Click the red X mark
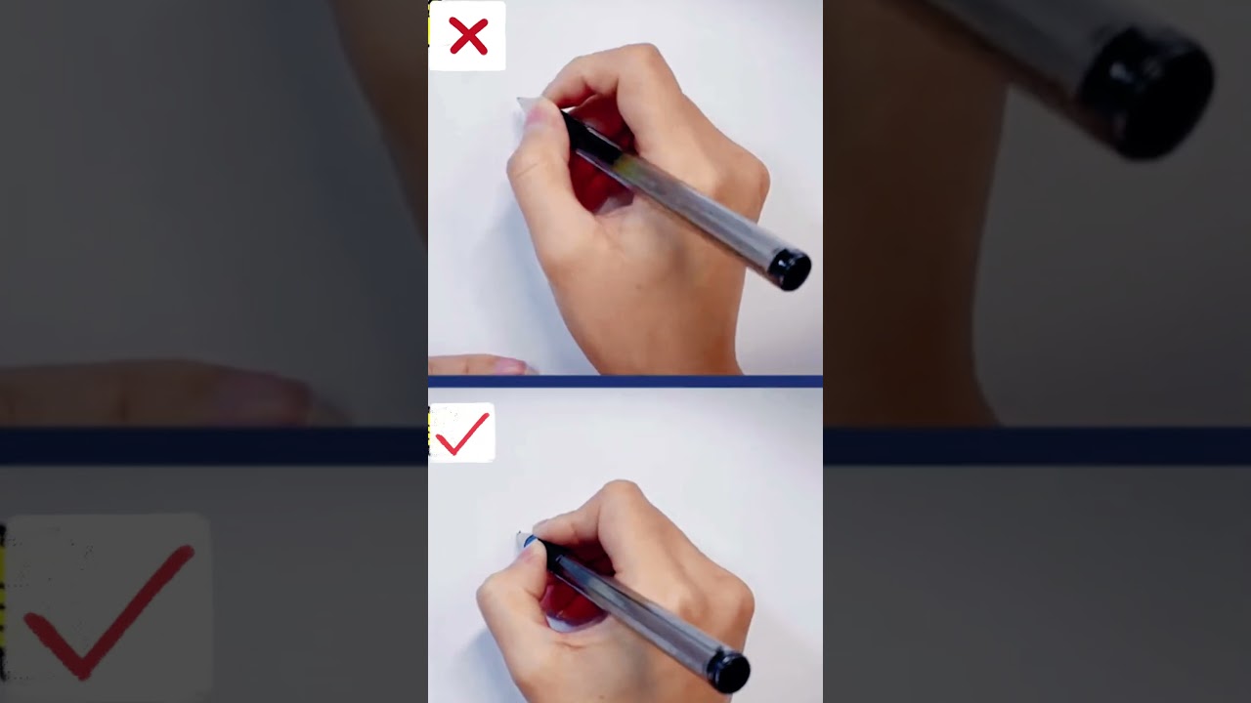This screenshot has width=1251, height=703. point(468,36)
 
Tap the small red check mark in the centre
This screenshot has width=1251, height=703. point(462,434)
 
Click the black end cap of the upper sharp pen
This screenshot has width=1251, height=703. point(790,269)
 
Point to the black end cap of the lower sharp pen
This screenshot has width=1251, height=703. point(728,672)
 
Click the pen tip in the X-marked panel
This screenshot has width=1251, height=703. point(522,103)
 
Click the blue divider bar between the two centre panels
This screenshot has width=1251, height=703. point(625,381)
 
